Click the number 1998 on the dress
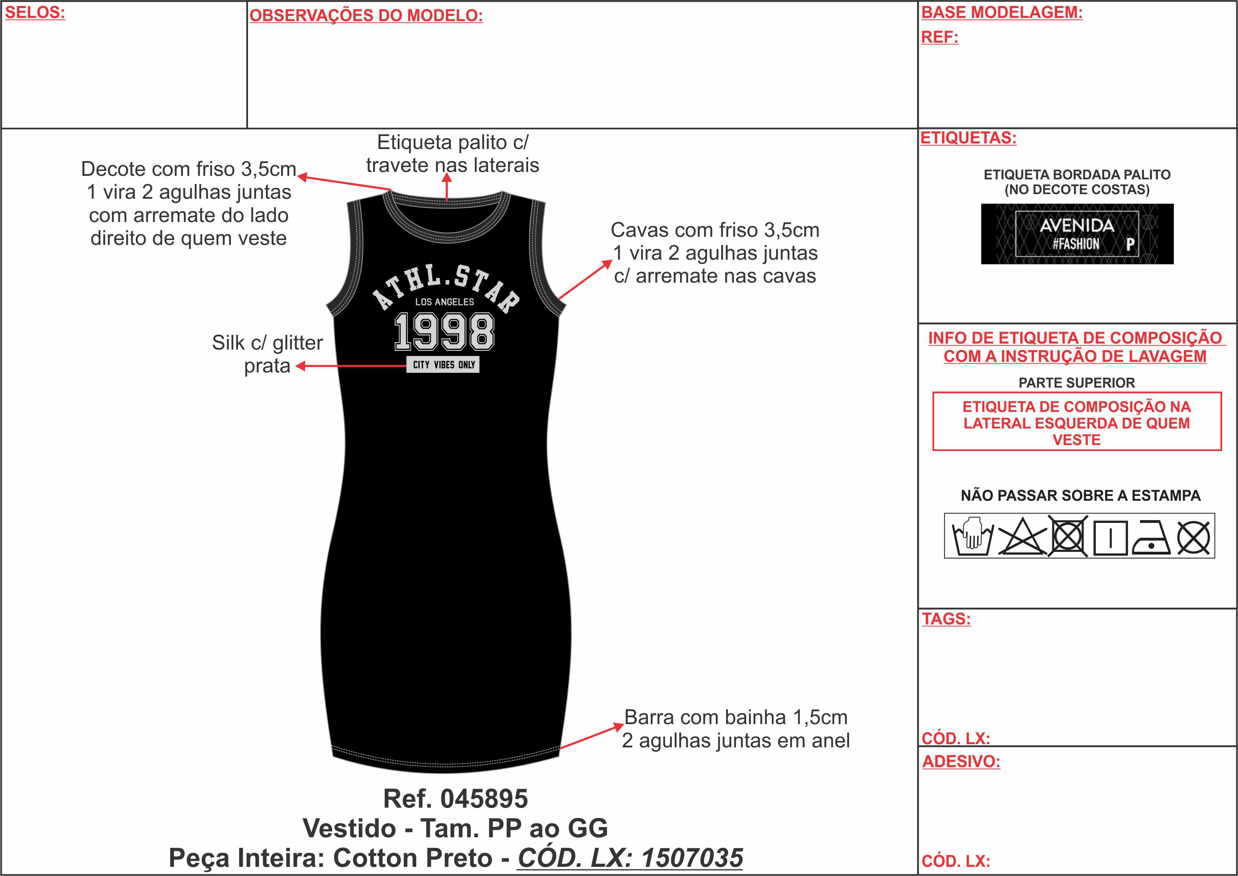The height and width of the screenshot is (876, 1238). click(444, 332)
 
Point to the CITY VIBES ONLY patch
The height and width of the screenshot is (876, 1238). click(443, 365)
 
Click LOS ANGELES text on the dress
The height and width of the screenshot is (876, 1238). click(444, 302)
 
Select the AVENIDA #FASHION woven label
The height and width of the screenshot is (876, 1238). click(1077, 234)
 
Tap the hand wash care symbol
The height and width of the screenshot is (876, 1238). click(973, 536)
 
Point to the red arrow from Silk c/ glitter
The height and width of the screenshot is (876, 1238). click(351, 366)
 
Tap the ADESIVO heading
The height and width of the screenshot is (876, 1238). click(961, 761)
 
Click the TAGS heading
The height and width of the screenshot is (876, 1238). click(946, 619)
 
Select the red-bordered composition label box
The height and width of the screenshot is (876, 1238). click(1077, 421)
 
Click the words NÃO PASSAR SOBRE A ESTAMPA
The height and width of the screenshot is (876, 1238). click(1081, 496)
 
